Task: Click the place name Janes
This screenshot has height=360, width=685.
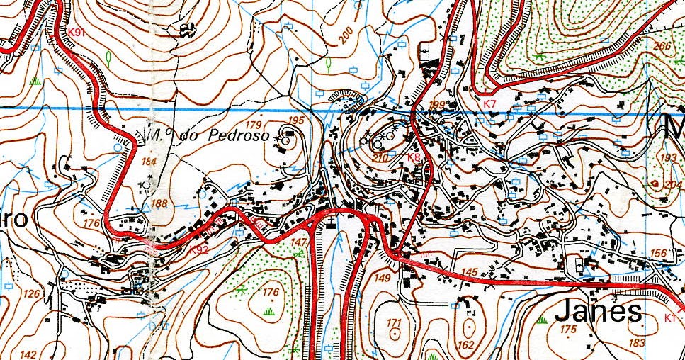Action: (x=599, y=311)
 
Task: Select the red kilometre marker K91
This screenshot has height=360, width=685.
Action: (x=77, y=33)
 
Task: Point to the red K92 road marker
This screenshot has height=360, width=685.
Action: (x=198, y=249)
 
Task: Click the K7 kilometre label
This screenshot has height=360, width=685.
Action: (x=489, y=105)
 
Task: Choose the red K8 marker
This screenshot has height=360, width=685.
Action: (x=414, y=157)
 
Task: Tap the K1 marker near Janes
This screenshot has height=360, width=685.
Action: (x=670, y=318)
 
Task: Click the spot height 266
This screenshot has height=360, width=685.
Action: (x=662, y=46)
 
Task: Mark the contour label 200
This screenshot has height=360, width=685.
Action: (x=346, y=36)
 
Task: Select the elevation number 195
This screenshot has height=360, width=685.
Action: (x=296, y=120)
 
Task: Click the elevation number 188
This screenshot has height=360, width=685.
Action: (x=159, y=204)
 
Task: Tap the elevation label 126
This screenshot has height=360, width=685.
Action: (x=30, y=293)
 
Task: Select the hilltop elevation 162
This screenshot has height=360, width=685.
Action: (x=465, y=345)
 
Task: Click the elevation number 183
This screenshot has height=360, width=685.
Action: (x=637, y=343)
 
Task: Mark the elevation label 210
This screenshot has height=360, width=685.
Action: (x=380, y=157)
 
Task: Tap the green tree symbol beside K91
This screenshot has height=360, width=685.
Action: (x=108, y=56)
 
